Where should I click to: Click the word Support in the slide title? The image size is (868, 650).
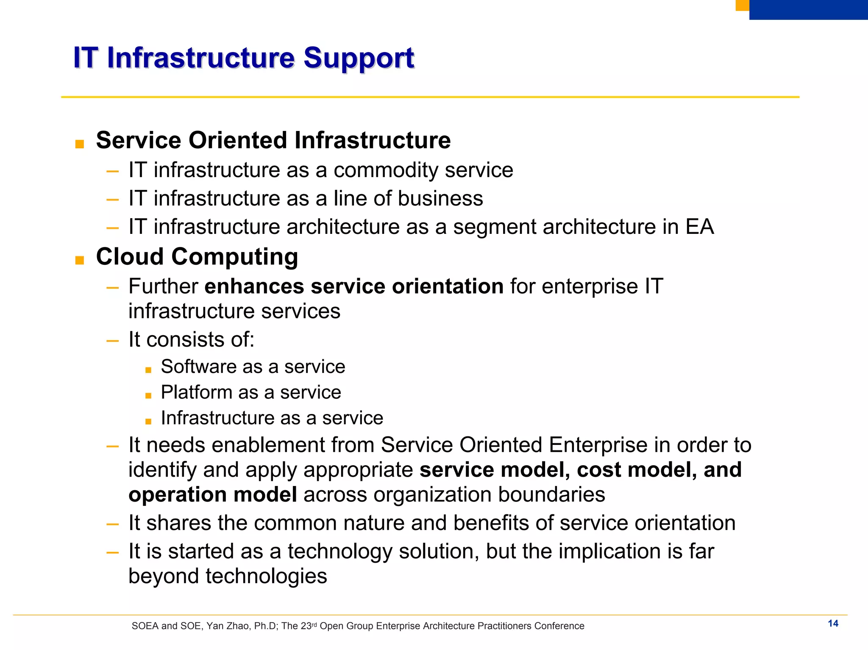[359, 58]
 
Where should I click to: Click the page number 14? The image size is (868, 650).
[833, 623]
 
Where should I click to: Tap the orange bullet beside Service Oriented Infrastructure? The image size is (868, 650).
[79, 144]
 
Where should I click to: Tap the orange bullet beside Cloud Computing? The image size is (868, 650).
[79, 260]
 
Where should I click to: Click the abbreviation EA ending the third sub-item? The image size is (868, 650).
[700, 227]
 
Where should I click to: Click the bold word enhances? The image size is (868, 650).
[254, 286]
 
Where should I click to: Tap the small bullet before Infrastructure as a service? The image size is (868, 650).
[148, 422]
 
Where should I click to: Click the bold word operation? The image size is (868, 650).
[177, 494]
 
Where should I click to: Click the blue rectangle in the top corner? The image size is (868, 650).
[808, 9]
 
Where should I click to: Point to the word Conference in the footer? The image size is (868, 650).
[559, 626]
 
